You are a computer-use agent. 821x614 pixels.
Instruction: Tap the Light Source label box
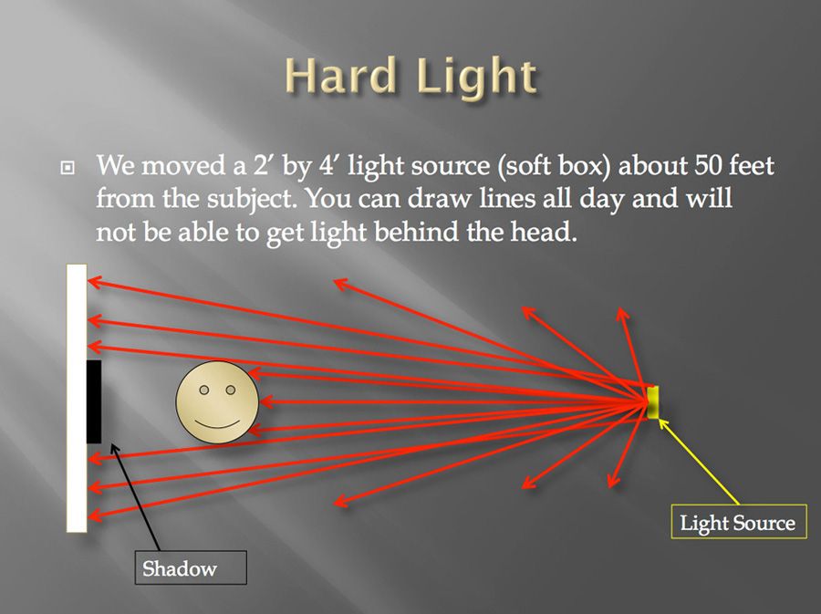pos(738,522)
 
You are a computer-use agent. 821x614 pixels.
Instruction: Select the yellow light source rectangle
pos(653,401)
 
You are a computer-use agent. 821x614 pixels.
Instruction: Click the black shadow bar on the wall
pos(93,401)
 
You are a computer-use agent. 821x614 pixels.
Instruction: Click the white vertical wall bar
pos(77,310)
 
